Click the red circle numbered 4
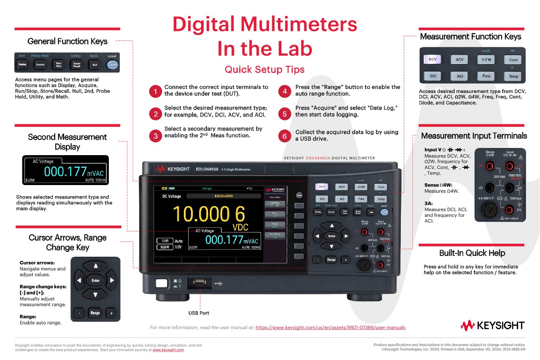click(286, 91)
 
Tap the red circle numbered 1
click(155, 91)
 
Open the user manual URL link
click(330, 327)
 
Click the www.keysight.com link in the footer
click(168, 350)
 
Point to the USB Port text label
click(198, 313)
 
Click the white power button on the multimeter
click(161, 283)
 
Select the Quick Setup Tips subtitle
click(265, 69)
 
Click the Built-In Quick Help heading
click(472, 253)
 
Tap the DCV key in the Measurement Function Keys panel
click(432, 59)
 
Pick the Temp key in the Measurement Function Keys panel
click(513, 76)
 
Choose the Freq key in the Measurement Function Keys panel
click(486, 76)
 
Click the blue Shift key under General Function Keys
click(112, 64)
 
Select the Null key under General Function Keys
click(94, 64)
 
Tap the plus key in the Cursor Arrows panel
click(111, 313)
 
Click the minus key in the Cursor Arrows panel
click(79, 313)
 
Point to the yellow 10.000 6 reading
click(208, 215)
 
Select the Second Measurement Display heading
click(67, 142)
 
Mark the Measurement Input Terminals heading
click(474, 136)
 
